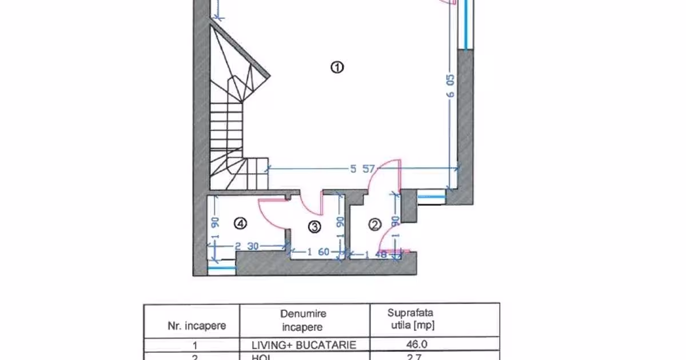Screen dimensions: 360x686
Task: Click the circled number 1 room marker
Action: coord(337,67)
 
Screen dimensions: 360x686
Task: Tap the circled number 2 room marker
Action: coord(375,225)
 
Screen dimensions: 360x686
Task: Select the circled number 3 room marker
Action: coord(314,227)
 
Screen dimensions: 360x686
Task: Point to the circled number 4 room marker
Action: coord(241,225)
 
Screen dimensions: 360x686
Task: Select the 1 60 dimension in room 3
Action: coord(318,251)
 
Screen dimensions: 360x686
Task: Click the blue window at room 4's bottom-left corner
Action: coord(222,267)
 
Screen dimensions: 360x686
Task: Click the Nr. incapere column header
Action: coord(196,326)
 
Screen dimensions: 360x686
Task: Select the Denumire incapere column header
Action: coord(303,321)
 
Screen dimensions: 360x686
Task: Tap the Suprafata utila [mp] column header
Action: coord(410,319)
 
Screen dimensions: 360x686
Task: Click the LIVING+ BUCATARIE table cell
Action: coord(304,345)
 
